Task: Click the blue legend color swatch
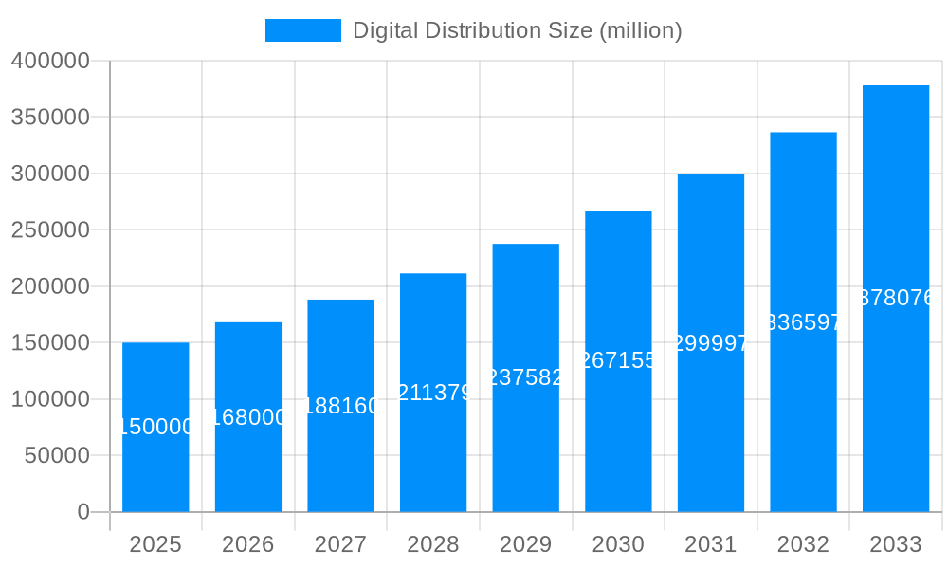point(302,30)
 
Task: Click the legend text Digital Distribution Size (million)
point(517,30)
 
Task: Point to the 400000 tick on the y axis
point(50,62)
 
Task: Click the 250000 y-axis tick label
point(50,230)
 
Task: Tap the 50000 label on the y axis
point(56,456)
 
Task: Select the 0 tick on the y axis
point(83,512)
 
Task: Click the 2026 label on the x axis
point(248,544)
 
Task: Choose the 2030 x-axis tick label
point(618,544)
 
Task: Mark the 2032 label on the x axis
point(803,544)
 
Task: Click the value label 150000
point(155,428)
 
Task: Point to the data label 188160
point(340,406)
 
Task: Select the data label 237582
point(526,377)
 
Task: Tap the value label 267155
point(618,360)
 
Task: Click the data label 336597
point(803,322)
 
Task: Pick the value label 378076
point(896,298)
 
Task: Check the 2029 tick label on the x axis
point(526,544)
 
